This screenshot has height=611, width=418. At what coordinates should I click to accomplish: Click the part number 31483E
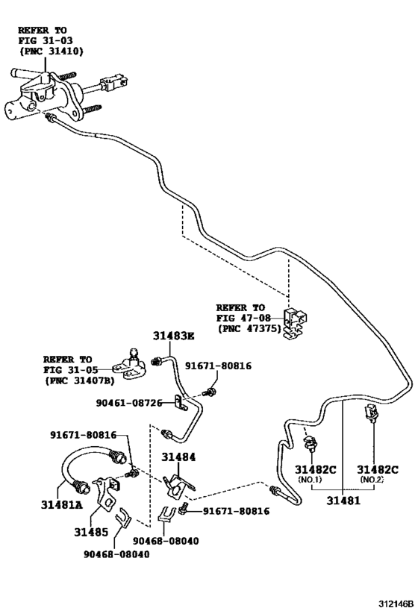[x=173, y=336]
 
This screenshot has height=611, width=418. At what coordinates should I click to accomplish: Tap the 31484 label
[x=178, y=457]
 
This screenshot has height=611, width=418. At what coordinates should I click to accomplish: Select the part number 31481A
[x=62, y=504]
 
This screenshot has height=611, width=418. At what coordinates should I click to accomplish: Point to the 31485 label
[x=91, y=532]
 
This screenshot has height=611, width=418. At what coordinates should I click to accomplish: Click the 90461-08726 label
[x=129, y=403]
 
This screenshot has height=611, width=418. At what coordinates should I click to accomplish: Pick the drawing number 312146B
[x=395, y=604]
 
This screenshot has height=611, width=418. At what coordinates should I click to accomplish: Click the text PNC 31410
[x=52, y=51]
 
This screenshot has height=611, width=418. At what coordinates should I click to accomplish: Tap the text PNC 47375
[x=249, y=328]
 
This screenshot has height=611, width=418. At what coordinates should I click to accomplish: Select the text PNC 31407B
[x=80, y=380]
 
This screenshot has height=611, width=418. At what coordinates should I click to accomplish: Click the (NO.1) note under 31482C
[x=310, y=479]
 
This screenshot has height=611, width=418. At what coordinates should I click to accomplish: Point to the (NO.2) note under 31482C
[x=372, y=479]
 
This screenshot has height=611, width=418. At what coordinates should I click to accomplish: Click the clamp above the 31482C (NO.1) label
[x=311, y=443]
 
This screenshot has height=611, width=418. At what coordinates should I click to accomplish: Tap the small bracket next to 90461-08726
[x=180, y=403]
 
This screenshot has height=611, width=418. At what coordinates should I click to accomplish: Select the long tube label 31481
[x=343, y=500]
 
